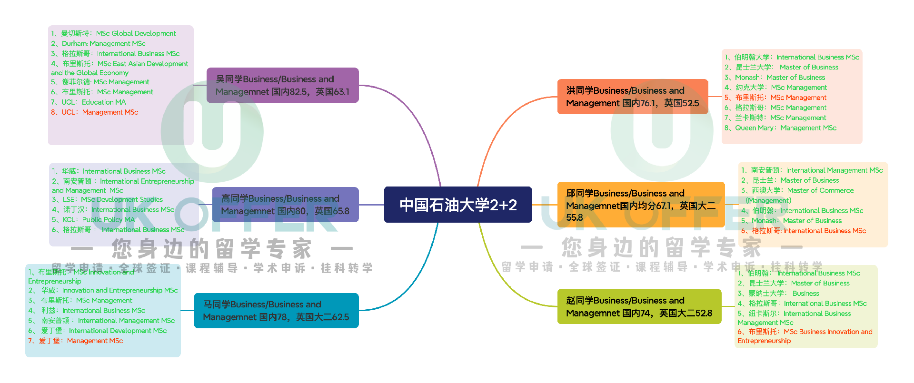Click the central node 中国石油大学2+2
coord(457,205)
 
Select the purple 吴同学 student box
coord(282,85)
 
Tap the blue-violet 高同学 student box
coord(285,205)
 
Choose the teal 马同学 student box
coord(276,310)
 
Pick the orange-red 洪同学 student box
coord(632,97)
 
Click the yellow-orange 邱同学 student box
coord(640,205)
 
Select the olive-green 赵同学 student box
coord(639,306)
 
